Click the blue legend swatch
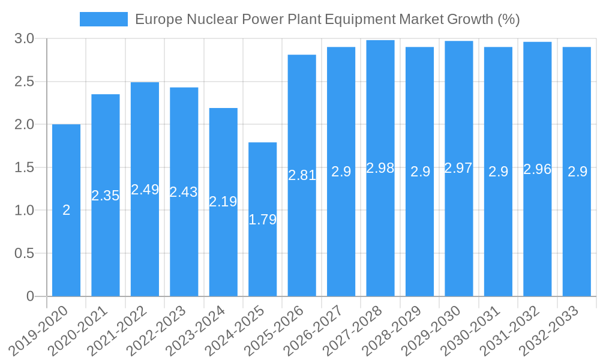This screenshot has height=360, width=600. click(103, 19)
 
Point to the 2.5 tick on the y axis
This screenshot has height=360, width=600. click(25, 82)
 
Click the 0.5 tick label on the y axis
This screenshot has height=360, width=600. click(25, 253)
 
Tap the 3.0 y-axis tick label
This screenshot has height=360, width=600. click(25, 39)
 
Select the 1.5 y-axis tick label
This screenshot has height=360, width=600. click(25, 167)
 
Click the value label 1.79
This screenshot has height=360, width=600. click(263, 220)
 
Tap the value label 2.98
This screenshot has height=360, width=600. click(380, 168)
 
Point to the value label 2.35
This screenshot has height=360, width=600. click(106, 196)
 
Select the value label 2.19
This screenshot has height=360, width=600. click(223, 202)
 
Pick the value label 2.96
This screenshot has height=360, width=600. click(538, 169)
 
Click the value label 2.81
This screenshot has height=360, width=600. click(302, 175)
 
